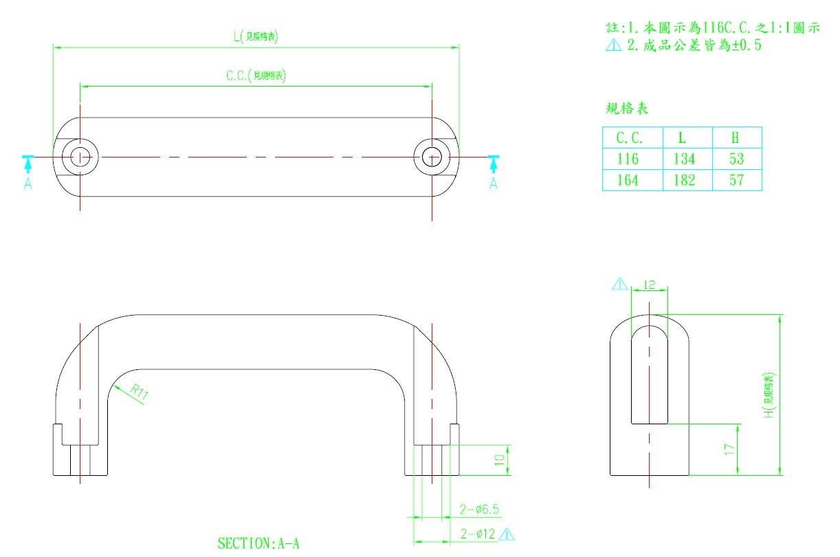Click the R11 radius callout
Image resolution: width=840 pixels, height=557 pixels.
click(140, 393)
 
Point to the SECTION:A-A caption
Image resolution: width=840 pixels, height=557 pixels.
click(258, 543)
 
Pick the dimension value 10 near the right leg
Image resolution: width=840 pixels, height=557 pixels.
click(500, 459)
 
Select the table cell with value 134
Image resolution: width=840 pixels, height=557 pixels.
click(684, 159)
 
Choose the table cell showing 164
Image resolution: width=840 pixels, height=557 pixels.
click(628, 180)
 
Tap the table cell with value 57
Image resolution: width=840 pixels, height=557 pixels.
click(736, 180)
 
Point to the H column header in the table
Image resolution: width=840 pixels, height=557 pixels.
click(736, 137)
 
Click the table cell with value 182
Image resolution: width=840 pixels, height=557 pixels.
click(684, 180)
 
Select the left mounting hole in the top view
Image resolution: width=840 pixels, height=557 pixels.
click(80, 157)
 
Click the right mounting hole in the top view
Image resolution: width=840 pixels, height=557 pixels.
click(431, 157)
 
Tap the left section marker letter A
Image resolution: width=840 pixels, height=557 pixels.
click(28, 184)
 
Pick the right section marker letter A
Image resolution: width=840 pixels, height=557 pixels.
click(493, 184)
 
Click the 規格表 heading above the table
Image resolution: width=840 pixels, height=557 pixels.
click(626, 109)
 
